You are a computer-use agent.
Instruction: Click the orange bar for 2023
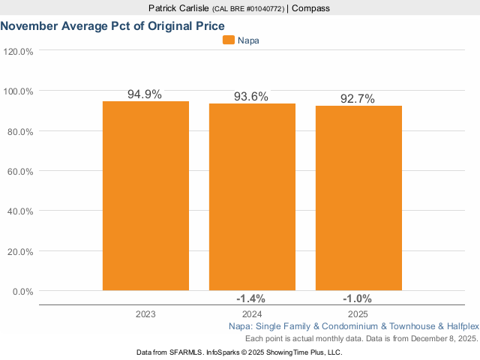click(x=145, y=195)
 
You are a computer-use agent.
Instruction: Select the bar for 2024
click(x=252, y=196)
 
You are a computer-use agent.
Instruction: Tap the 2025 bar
click(x=358, y=198)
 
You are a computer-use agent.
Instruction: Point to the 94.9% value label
click(x=145, y=94)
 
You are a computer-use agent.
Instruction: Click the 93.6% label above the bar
click(x=252, y=97)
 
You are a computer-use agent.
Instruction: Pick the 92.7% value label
click(x=358, y=99)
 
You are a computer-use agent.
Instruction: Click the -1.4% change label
click(x=252, y=298)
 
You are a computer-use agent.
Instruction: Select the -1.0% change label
click(x=358, y=298)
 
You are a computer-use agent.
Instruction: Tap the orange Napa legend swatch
click(x=229, y=40)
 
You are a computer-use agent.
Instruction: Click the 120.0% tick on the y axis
click(x=18, y=52)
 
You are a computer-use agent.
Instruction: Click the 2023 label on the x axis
click(x=145, y=315)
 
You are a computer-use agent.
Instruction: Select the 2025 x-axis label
click(x=358, y=315)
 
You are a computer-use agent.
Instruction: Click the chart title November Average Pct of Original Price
click(x=112, y=25)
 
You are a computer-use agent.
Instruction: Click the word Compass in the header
click(x=310, y=8)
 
